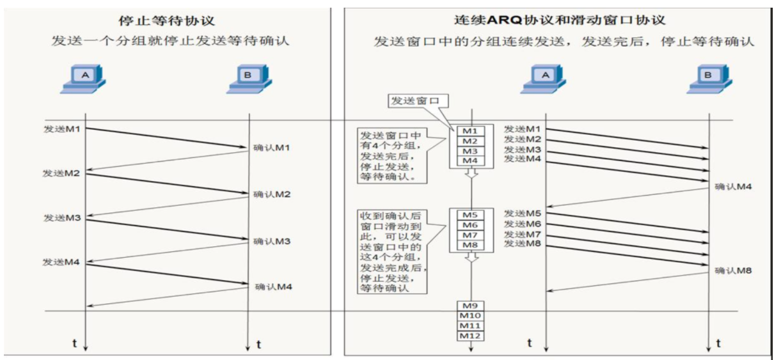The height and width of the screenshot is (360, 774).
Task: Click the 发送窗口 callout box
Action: (416, 101)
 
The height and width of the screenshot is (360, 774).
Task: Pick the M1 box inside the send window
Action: (470, 131)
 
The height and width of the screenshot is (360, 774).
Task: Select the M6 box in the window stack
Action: (470, 225)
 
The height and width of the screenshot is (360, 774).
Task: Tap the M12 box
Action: (470, 335)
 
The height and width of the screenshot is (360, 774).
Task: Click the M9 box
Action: (470, 306)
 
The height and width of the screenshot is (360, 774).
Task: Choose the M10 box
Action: (470, 316)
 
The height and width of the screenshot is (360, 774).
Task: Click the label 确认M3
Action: (272, 241)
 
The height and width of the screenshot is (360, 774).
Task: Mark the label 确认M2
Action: (272, 194)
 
